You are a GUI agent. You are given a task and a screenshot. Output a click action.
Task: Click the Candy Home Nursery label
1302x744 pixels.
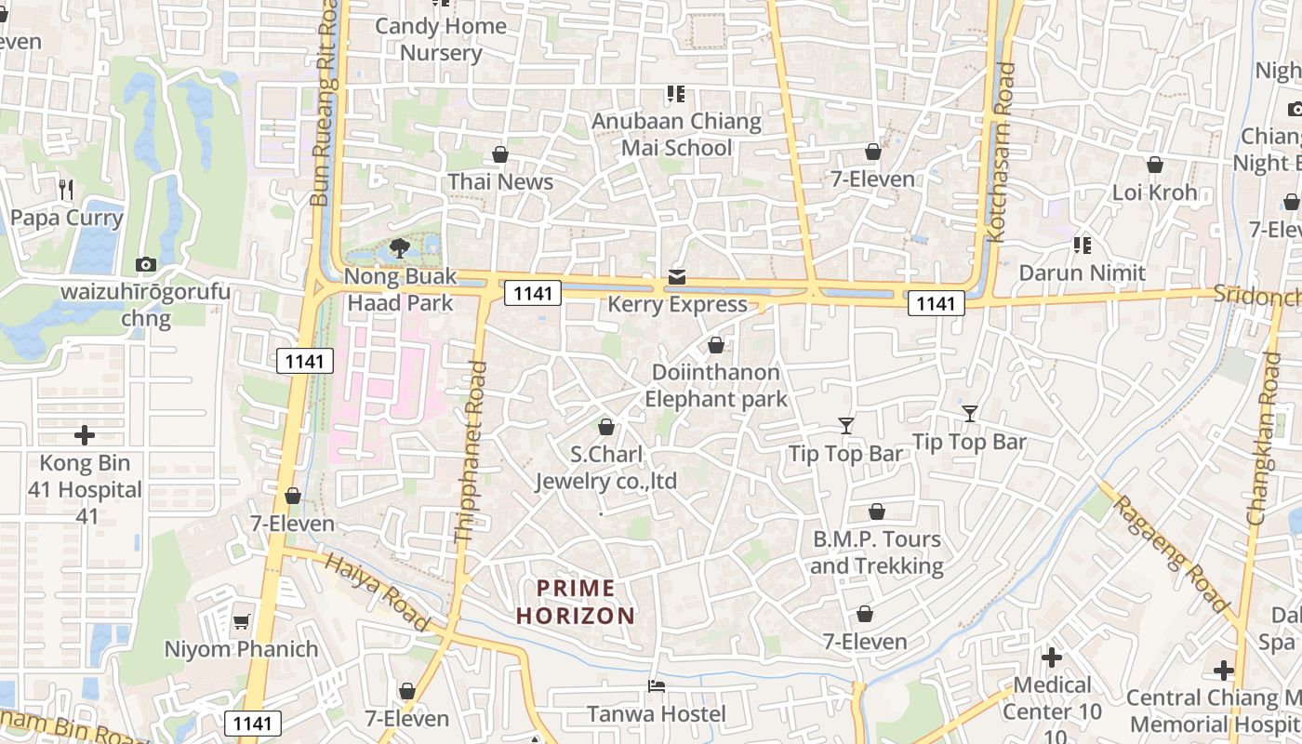[x=441, y=39]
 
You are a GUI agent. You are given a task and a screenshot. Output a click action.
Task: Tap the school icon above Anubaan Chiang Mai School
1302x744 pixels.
[x=676, y=94]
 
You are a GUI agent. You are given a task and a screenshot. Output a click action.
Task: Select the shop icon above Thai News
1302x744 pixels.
[x=500, y=154]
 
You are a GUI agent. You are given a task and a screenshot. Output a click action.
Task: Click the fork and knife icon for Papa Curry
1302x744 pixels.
[x=65, y=190]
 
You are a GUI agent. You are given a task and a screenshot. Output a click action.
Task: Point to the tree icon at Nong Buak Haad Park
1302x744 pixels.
[x=400, y=248]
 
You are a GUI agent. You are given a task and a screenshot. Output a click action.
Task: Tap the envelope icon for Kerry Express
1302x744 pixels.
[x=677, y=277]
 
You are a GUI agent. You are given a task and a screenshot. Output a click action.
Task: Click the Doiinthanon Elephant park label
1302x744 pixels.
[x=715, y=386]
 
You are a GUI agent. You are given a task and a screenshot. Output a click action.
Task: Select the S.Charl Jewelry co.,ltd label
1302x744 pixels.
[x=605, y=468]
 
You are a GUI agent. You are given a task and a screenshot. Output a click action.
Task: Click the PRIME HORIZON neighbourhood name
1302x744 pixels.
[x=576, y=602]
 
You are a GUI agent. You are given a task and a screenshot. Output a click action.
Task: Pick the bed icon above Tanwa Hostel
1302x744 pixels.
[x=657, y=686]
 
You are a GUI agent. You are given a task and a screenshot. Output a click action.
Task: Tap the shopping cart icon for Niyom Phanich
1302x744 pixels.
[x=241, y=621]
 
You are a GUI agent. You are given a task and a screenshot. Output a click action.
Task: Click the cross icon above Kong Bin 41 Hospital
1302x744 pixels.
[x=85, y=435]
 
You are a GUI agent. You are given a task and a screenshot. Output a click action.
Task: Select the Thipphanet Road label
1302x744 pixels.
[x=471, y=451]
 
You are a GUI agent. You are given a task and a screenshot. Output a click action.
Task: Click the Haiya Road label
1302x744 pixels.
[x=377, y=592]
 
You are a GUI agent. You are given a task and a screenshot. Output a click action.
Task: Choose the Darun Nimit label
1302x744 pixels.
[x=1082, y=273]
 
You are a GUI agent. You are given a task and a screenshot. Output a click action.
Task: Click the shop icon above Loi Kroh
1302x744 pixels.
[x=1155, y=166]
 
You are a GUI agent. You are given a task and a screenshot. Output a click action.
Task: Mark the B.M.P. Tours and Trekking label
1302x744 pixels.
[x=876, y=552]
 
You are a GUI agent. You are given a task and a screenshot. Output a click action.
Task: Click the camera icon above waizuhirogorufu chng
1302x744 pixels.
[x=145, y=265]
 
